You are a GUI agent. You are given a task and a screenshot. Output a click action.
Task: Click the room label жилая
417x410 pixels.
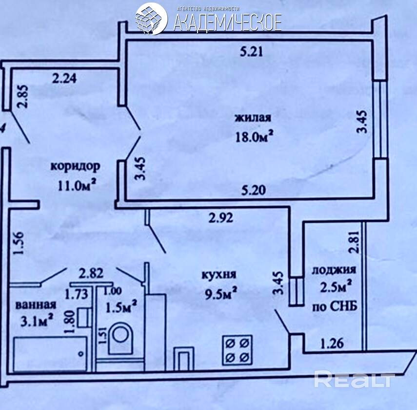(253, 117)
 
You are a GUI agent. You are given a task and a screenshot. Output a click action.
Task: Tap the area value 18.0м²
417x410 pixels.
(254, 137)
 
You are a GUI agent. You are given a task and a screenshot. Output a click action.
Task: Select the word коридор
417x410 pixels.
(76, 167)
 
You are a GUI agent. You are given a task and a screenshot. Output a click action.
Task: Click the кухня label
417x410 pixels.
(218, 275)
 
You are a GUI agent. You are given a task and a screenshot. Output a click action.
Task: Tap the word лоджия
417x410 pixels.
(334, 270)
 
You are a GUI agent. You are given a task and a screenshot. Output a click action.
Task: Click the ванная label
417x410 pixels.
(36, 304)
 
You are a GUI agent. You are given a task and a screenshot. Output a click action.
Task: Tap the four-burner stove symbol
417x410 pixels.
(237, 350)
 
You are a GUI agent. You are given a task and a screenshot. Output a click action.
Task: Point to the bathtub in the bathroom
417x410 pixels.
(50, 354)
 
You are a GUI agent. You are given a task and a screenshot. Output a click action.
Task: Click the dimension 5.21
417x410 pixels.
(251, 52)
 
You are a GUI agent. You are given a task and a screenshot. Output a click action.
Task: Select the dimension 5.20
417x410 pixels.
(254, 190)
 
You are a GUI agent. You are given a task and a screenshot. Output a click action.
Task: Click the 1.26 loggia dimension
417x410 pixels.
(332, 344)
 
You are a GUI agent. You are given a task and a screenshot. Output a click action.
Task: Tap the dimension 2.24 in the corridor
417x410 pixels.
(64, 78)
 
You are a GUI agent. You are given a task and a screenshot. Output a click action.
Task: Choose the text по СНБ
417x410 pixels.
(334, 307)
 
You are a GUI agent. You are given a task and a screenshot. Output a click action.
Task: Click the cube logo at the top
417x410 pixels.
(151, 19)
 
